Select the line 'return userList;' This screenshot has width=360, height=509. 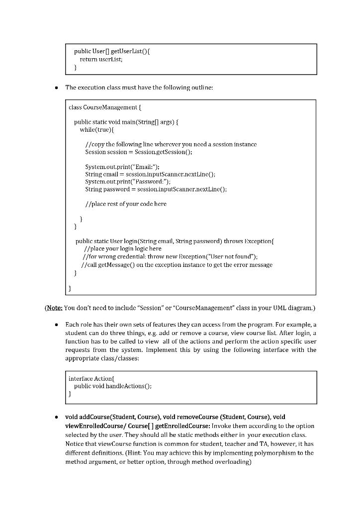click(101, 59)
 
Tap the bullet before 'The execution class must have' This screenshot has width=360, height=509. click(58, 87)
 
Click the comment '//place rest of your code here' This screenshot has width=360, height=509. click(126, 204)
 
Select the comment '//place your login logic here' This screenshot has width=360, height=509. click(122, 249)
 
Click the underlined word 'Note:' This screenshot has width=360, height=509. click(54, 308)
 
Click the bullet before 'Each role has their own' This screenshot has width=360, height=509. click(58, 324)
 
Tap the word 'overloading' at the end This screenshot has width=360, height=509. click(235, 462)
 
